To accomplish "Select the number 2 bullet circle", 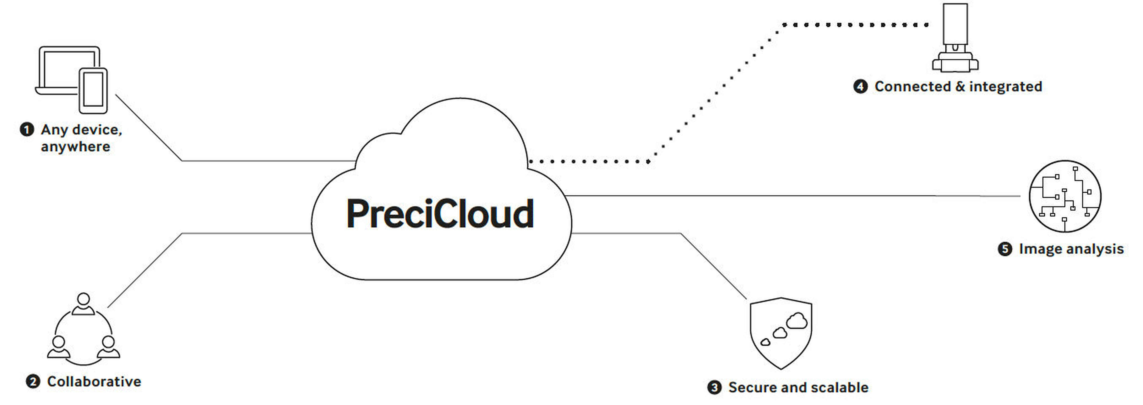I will pyautogui.click(x=33, y=381).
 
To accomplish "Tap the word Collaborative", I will pyautogui.click(x=94, y=381).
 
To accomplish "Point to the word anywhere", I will pyautogui.click(x=75, y=147).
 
